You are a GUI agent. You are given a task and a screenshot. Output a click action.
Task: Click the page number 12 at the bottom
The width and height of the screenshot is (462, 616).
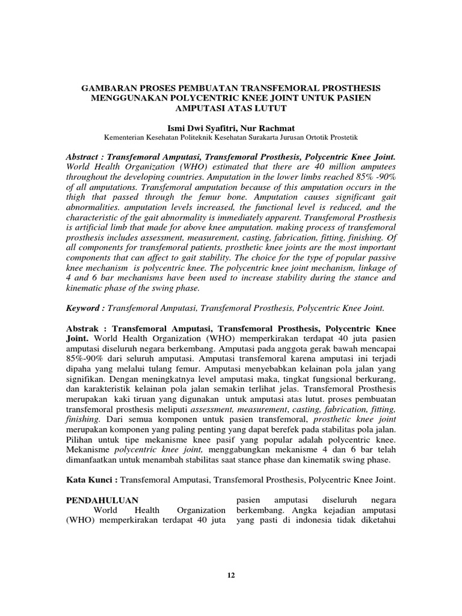(x=231, y=575)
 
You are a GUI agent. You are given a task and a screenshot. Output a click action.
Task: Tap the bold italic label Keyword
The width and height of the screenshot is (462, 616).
(x=85, y=307)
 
